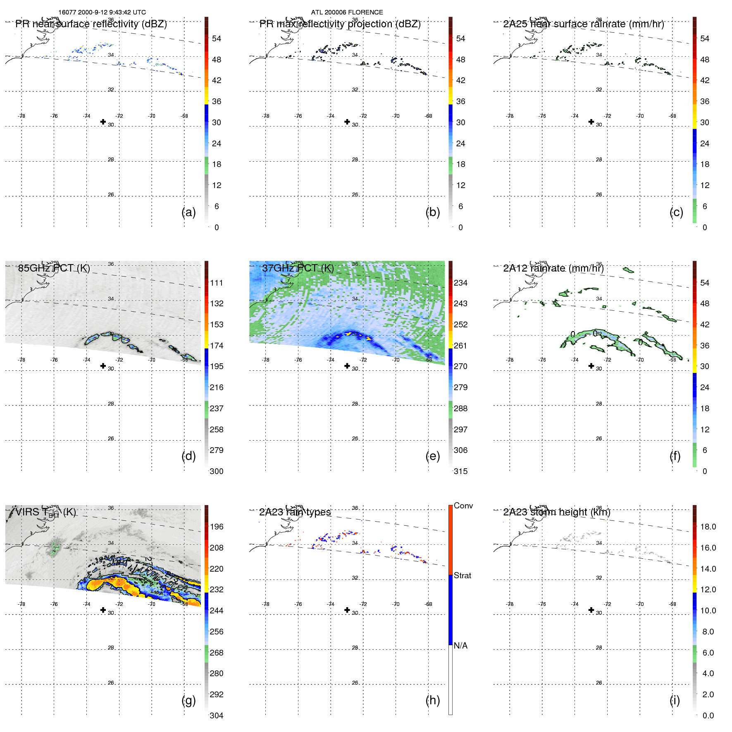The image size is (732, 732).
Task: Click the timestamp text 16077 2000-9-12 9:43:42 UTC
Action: [102, 12]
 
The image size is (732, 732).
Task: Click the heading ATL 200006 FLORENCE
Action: [347, 12]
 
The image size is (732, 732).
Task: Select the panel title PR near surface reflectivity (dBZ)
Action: [91, 24]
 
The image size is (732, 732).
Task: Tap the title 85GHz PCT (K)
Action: [54, 268]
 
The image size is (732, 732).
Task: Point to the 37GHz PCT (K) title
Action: [298, 268]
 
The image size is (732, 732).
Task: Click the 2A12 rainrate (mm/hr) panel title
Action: [553, 268]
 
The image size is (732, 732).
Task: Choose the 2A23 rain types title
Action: [295, 512]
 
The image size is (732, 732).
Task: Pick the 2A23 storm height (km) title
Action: [556, 512]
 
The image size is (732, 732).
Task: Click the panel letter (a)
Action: [188, 212]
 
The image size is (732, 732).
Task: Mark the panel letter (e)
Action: [432, 456]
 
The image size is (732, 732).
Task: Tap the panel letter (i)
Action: [675, 700]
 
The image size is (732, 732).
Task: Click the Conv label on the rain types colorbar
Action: [463, 505]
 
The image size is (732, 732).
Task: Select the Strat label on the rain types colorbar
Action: [462, 575]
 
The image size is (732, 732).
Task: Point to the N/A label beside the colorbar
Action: [460, 646]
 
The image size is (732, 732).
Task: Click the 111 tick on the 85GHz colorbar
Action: [216, 283]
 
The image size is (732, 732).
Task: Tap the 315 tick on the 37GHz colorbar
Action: [460, 471]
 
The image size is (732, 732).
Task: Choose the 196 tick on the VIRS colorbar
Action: [216, 527]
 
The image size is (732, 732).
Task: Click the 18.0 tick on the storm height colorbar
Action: [708, 527]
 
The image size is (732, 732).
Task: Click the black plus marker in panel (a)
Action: [103, 122]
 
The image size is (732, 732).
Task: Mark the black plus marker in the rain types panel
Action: [347, 610]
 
